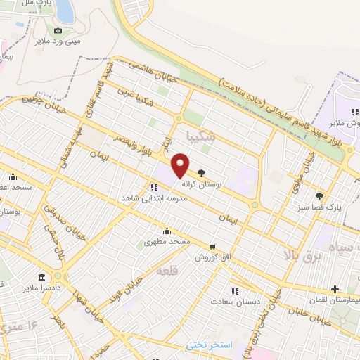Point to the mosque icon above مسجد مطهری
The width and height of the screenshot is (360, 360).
[167, 231]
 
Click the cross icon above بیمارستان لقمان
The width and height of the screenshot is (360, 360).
[335, 289]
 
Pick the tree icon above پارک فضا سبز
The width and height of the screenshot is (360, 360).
[320, 197]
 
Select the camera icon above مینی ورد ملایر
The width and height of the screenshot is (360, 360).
[58, 30]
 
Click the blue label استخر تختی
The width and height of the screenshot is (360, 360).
[209, 345]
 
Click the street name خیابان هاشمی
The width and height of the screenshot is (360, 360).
[145, 72]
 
